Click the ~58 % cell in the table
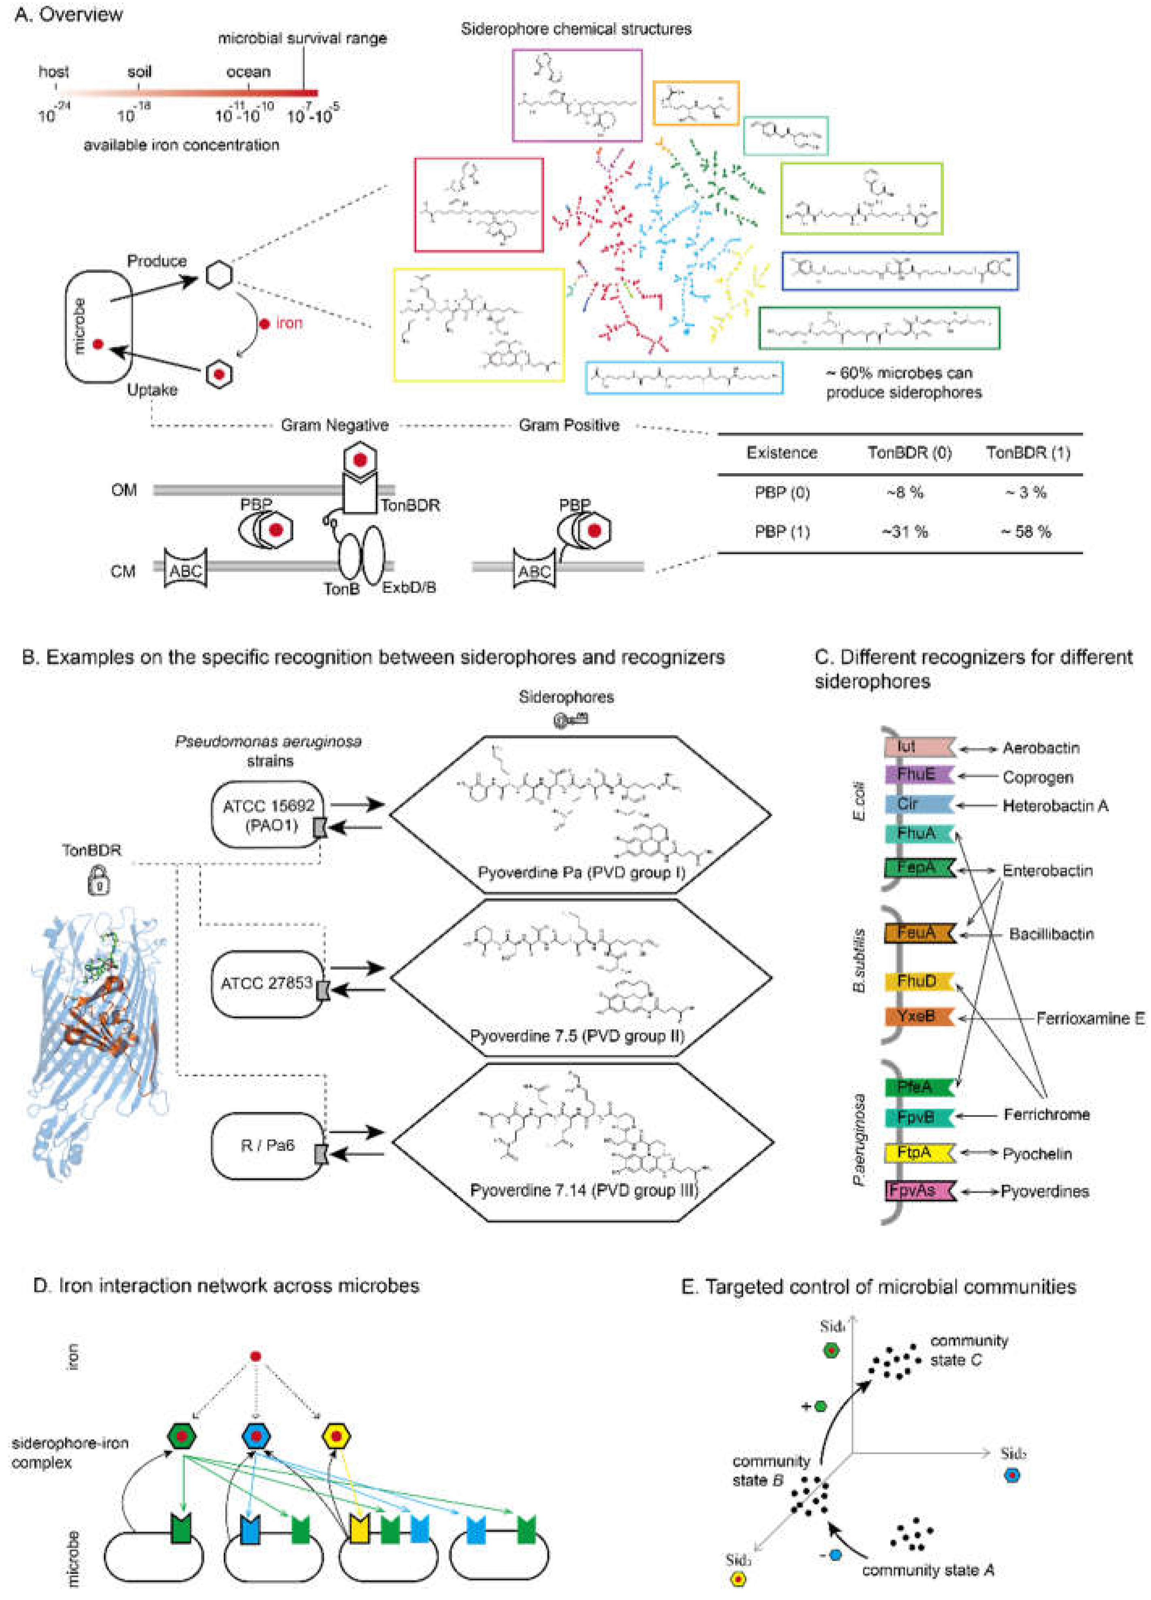click(1026, 532)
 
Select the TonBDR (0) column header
click(909, 453)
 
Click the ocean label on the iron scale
click(248, 72)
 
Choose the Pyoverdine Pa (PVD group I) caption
click(581, 873)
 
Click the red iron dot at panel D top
click(256, 1356)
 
